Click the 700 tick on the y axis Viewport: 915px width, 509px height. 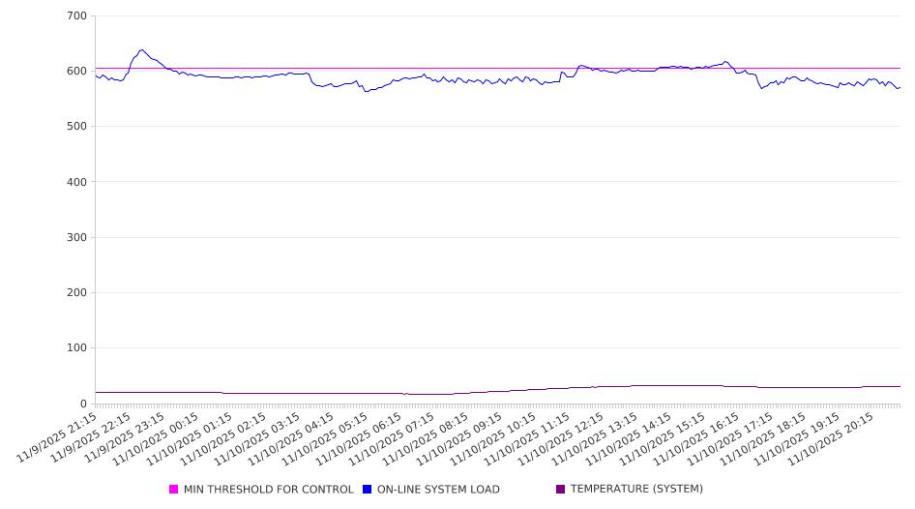click(76, 16)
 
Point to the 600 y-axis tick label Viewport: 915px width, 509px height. click(76, 72)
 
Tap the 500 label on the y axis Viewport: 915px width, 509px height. click(76, 127)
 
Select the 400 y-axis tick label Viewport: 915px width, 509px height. click(76, 182)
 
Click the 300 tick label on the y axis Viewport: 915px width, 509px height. click(76, 238)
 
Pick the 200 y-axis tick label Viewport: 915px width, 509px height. click(76, 293)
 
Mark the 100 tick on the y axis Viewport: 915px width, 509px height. click(76, 348)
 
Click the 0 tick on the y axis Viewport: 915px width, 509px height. click(82, 404)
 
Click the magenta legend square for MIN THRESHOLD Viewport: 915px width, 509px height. click(174, 490)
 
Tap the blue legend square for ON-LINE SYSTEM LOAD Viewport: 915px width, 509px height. click(368, 490)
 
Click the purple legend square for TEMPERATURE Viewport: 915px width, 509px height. click(561, 490)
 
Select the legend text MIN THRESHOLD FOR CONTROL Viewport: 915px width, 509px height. click(268, 490)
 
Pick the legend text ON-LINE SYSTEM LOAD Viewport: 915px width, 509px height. click(438, 490)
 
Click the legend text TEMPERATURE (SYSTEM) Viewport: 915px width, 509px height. click(636, 490)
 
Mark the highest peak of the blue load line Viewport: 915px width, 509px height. click(141, 50)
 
